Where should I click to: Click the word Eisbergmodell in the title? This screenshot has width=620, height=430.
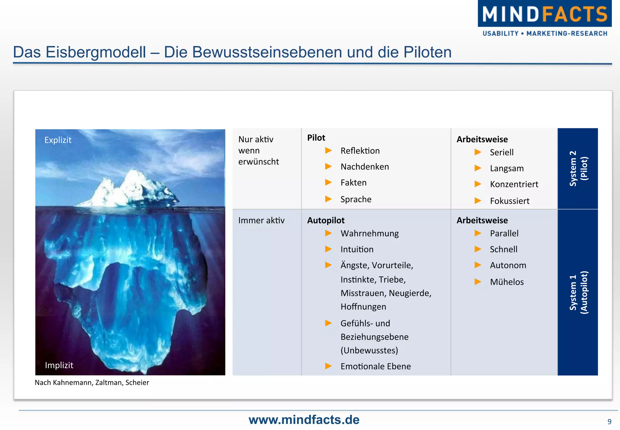point(96,52)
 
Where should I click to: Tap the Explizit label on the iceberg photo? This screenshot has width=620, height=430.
point(58,140)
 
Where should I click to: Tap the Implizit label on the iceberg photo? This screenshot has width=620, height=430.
point(59,365)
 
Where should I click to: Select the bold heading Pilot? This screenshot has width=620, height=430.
point(316,138)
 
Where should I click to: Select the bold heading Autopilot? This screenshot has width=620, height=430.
point(326,220)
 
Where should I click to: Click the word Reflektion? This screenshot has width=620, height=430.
point(360,151)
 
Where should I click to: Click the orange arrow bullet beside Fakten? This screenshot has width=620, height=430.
point(328,183)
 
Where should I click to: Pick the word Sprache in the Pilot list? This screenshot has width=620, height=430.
point(356,199)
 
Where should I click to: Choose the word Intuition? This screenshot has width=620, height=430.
point(357,249)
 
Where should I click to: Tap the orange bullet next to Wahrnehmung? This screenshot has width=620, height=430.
point(328,233)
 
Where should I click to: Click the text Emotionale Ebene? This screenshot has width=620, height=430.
point(376,366)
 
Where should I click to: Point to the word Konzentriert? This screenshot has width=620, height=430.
point(514,184)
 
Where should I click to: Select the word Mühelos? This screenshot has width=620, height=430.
point(507,282)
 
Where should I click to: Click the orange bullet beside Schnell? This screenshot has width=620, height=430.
point(478,249)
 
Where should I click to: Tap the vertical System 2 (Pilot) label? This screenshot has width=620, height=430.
point(578,169)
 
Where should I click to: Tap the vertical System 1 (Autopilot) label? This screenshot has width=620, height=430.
point(578,292)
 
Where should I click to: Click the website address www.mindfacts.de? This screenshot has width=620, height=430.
point(304,420)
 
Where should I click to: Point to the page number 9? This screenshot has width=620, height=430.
point(609,422)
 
